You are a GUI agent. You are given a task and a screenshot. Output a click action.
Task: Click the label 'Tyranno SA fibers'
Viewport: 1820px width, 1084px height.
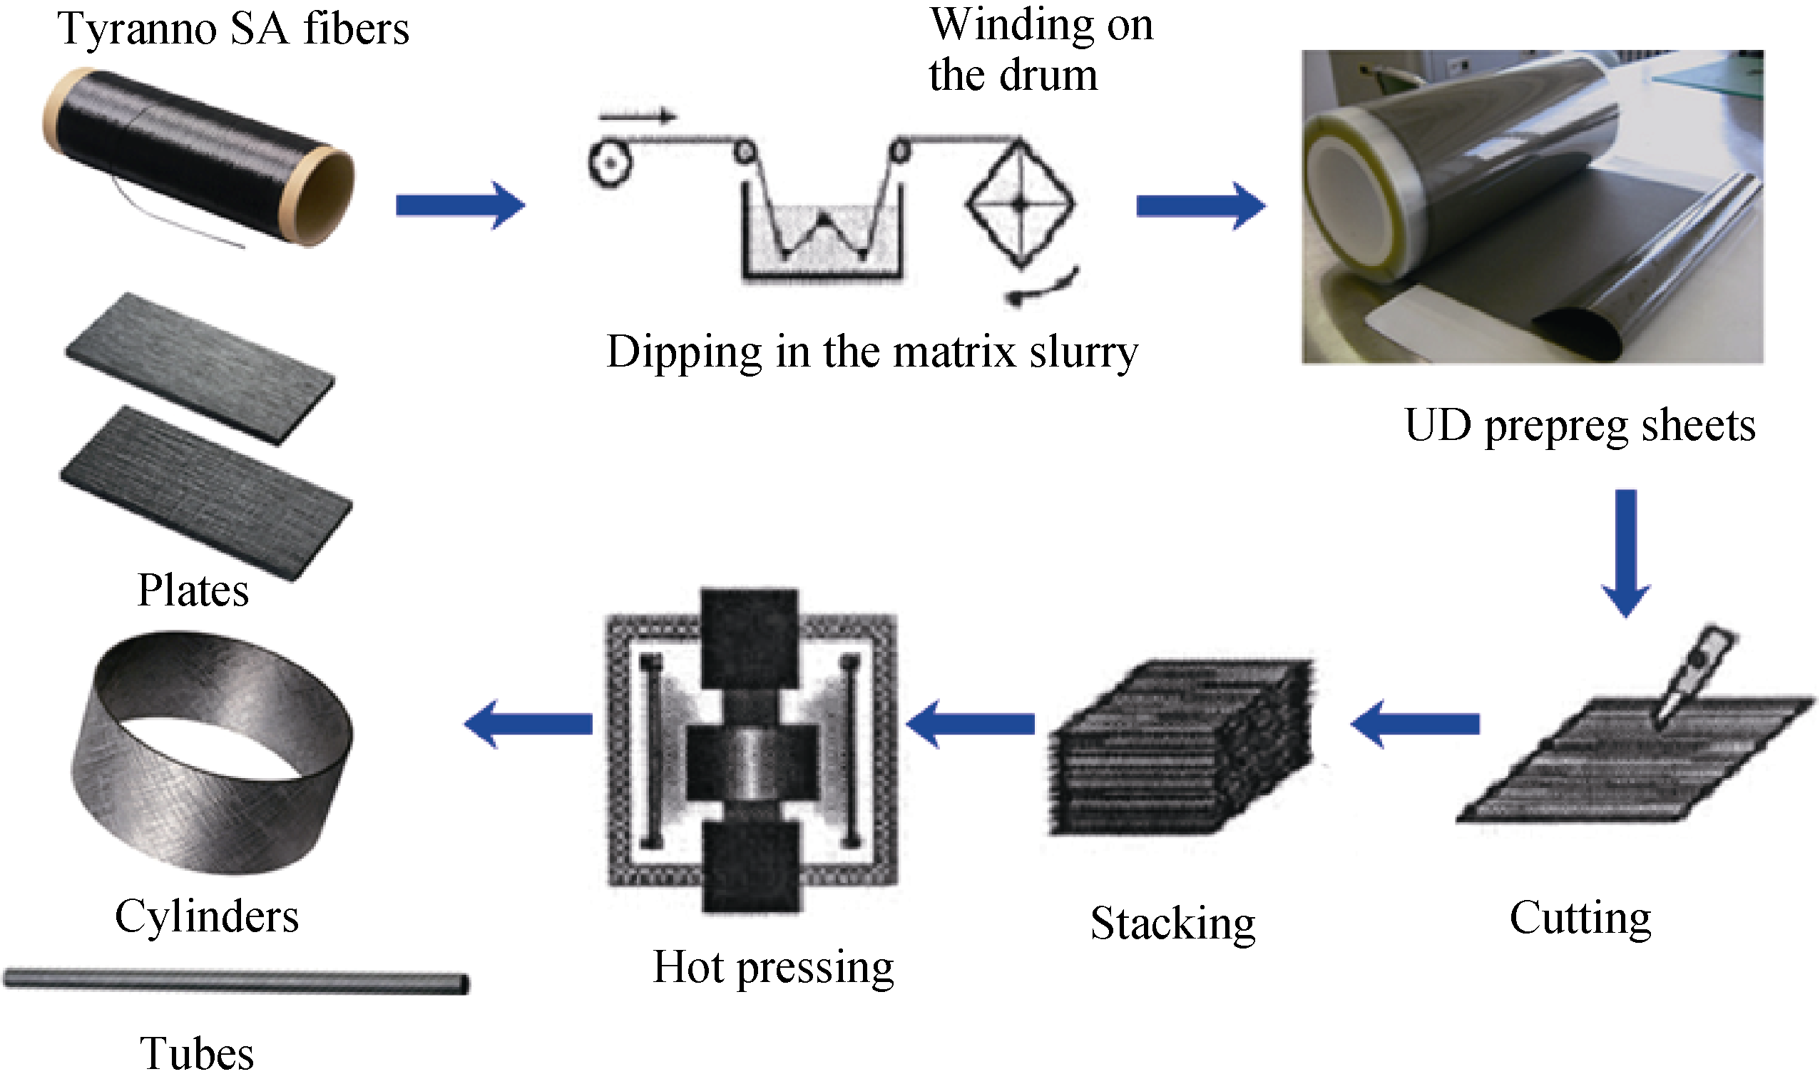[x=233, y=29]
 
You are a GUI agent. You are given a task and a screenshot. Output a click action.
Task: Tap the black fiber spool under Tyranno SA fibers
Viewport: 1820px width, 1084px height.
[x=198, y=157]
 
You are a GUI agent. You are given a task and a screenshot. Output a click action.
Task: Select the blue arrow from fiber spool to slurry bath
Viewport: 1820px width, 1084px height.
[x=460, y=205]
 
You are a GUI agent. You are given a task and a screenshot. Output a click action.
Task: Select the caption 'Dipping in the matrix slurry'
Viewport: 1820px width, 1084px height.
[x=871, y=352]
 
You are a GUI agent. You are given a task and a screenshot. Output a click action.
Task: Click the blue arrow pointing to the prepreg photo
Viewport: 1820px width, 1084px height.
[x=1201, y=206]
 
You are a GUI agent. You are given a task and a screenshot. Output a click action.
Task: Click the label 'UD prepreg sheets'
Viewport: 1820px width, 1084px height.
[x=1579, y=425]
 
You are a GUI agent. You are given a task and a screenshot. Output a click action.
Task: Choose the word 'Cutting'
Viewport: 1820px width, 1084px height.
[x=1580, y=918]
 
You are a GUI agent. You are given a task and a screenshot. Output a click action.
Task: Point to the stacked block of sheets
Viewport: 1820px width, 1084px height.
[x=1180, y=749]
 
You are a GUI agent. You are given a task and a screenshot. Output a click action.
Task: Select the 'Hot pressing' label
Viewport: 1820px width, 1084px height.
[x=772, y=968]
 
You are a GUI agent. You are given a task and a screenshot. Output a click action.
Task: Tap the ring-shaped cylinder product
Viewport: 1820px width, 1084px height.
[x=212, y=752]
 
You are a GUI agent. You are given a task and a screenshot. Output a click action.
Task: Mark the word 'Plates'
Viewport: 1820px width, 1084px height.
[x=193, y=590]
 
